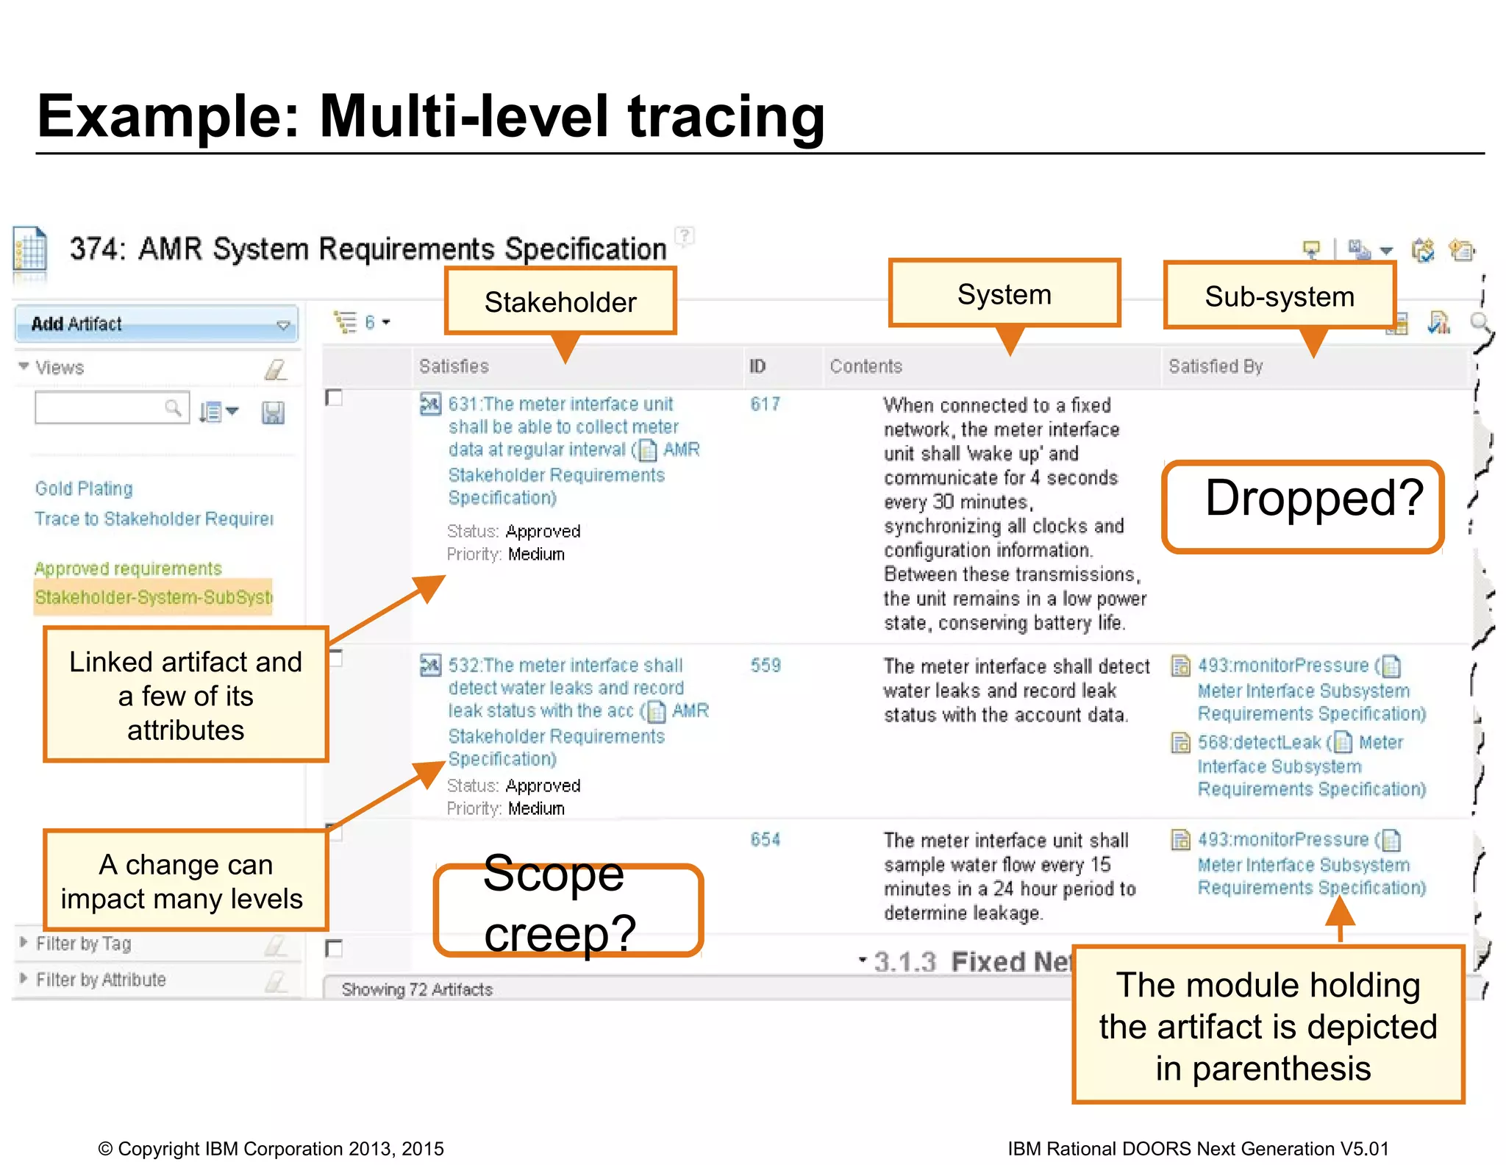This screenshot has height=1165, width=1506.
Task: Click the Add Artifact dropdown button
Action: click(x=156, y=324)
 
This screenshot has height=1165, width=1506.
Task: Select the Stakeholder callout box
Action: click(x=560, y=302)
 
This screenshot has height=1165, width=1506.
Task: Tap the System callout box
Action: click(x=1004, y=294)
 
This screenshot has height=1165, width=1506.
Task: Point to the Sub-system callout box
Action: click(x=1279, y=296)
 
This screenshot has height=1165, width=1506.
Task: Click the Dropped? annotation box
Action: click(x=1302, y=507)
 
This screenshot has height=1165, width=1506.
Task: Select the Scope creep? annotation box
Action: click(x=568, y=910)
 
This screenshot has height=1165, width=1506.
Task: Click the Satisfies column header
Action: click(x=454, y=366)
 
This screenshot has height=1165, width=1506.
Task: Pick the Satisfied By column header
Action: click(x=1216, y=366)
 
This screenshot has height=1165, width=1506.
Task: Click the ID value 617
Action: click(x=765, y=405)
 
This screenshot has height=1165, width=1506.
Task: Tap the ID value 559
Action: click(x=765, y=666)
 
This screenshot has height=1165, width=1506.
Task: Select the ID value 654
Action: click(x=765, y=840)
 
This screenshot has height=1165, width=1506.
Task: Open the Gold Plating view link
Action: click(x=85, y=489)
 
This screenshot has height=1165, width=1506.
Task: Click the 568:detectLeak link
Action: click(x=1259, y=743)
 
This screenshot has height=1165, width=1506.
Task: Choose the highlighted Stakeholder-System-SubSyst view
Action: click(x=153, y=596)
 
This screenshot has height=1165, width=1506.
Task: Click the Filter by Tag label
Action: click(x=83, y=944)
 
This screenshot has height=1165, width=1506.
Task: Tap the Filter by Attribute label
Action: click(x=101, y=980)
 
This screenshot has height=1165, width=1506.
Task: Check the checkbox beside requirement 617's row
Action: click(x=335, y=398)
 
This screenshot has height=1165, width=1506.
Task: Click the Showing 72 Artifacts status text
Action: click(x=417, y=990)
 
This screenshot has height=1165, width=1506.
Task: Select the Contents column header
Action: click(x=866, y=366)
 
